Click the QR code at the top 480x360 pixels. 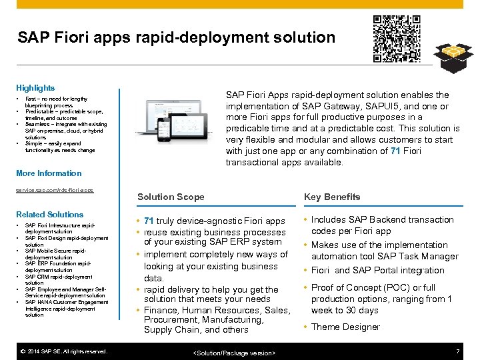click(396, 38)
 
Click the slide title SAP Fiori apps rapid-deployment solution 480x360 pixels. click(176, 37)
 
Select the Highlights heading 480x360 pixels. click(35, 88)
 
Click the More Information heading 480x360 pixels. click(49, 173)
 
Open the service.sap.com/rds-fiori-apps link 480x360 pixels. click(55, 190)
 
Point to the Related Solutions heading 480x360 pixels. click(50, 215)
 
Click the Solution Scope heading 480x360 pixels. click(171, 197)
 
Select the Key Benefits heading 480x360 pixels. click(332, 197)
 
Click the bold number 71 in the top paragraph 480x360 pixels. click(395, 151)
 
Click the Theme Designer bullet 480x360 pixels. click(345, 327)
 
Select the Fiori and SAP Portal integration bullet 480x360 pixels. click(377, 270)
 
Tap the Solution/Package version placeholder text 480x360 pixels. click(234, 352)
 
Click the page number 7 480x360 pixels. click(457, 351)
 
